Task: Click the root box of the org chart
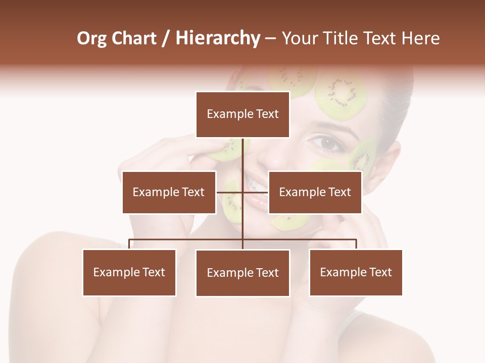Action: (x=243, y=114)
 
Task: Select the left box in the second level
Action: (x=169, y=192)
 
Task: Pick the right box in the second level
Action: (x=315, y=192)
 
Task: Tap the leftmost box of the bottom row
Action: (x=129, y=273)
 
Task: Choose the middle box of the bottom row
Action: (x=243, y=273)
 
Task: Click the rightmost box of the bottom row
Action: (x=356, y=273)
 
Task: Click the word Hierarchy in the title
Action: (x=217, y=38)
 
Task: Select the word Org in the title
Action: (x=93, y=38)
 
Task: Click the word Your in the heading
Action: (x=298, y=38)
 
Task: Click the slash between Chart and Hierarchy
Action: (x=166, y=38)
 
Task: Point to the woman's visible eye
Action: (x=327, y=143)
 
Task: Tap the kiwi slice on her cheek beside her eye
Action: (x=362, y=156)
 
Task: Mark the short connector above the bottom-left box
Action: (x=129, y=244)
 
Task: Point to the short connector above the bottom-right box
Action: (x=356, y=244)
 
